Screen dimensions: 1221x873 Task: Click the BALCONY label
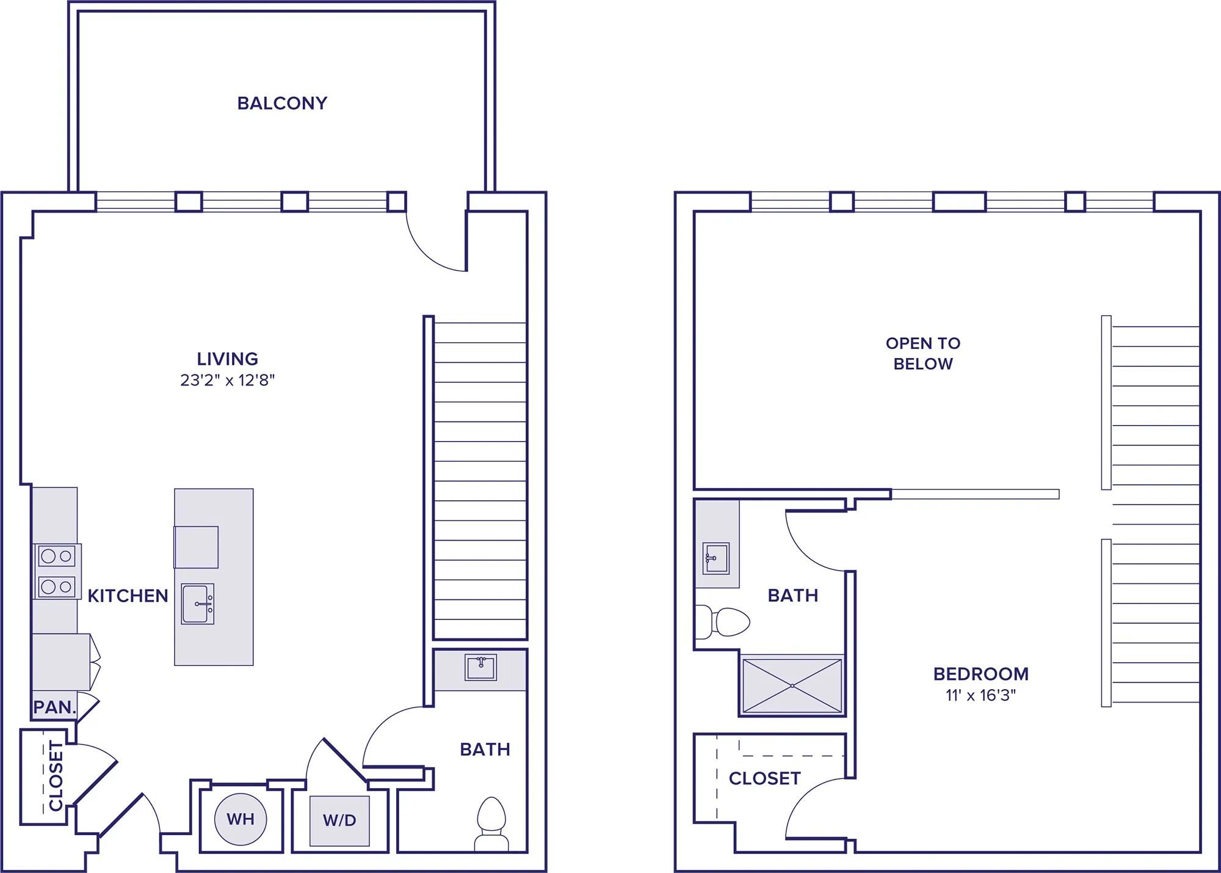point(282,103)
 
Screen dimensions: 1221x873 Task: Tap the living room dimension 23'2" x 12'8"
point(228,381)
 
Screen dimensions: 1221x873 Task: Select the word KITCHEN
point(128,596)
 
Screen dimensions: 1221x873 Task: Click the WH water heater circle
point(241,819)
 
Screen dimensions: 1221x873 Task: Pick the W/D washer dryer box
point(339,820)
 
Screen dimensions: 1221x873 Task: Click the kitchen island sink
point(198,604)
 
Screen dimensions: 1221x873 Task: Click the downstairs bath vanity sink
point(480,667)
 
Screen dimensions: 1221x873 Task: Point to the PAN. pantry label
point(54,707)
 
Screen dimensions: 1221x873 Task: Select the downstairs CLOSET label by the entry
point(56,776)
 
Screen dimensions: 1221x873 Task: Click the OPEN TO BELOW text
point(923,353)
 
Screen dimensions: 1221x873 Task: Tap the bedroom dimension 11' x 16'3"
point(981,695)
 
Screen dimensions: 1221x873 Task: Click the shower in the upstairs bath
point(792,685)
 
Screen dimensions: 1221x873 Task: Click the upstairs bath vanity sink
point(716,558)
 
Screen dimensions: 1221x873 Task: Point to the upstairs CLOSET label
point(764,778)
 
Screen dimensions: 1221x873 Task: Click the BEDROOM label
point(981,674)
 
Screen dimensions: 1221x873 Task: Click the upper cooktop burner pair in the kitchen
point(57,557)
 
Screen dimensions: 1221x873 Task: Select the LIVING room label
point(228,359)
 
